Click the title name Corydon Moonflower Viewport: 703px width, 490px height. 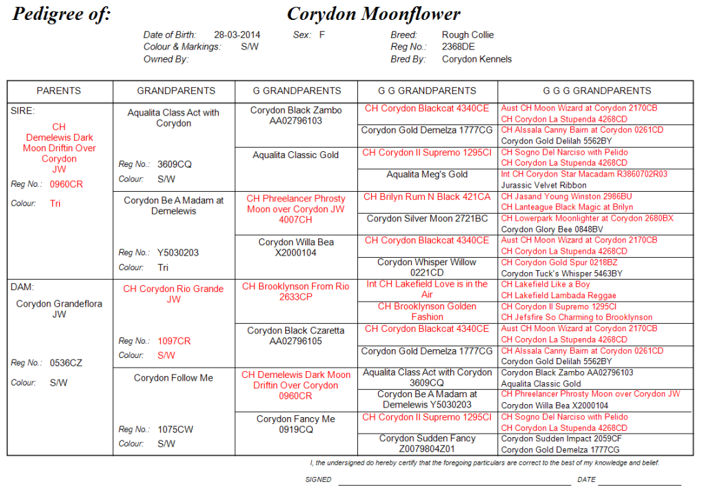pyautogui.click(x=373, y=14)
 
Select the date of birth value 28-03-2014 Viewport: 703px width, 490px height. pyautogui.click(x=237, y=35)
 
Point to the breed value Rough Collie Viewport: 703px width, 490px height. pyautogui.click(x=467, y=35)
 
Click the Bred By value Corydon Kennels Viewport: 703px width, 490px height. pyautogui.click(x=476, y=59)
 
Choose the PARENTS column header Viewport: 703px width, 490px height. pyautogui.click(x=58, y=91)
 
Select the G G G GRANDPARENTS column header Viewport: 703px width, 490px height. pyautogui.click(x=596, y=91)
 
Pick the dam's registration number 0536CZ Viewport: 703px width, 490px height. pyautogui.click(x=66, y=363)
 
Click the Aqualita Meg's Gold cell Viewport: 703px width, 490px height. pyautogui.click(x=427, y=175)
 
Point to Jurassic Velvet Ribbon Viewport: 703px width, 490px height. pyautogui.click(x=544, y=185)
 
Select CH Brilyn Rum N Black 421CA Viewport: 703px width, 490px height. pyautogui.click(x=427, y=197)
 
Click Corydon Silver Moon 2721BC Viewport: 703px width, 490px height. pyautogui.click(x=427, y=219)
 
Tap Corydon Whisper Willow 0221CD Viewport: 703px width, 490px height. pyautogui.click(x=427, y=267)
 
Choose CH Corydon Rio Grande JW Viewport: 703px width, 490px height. pyautogui.click(x=173, y=294)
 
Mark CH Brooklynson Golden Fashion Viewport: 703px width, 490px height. pyautogui.click(x=427, y=311)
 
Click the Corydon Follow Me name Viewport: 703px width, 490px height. pyautogui.click(x=173, y=378)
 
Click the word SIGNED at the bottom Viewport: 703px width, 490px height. pyautogui.click(x=318, y=480)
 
